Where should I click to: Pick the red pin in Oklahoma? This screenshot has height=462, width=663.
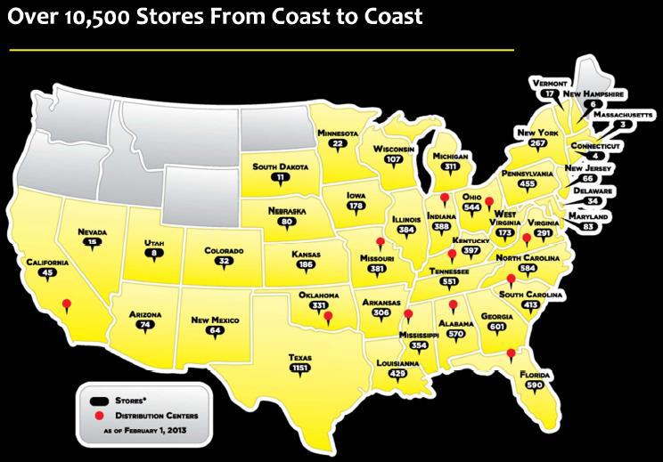(328, 316)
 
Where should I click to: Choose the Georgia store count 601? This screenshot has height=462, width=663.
(512, 327)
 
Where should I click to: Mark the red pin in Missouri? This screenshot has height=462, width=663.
(380, 241)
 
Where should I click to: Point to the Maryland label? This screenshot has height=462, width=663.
(589, 217)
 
